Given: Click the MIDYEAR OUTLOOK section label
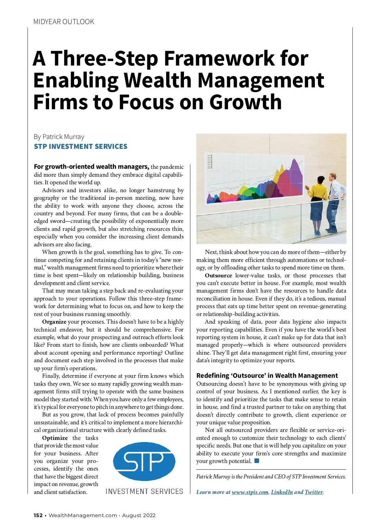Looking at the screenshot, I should (x=64, y=22).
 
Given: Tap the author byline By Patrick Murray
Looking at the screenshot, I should (x=59, y=137).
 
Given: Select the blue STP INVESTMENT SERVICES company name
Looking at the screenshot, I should (x=80, y=147).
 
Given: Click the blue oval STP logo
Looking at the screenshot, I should (x=144, y=461).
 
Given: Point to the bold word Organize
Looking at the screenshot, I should (x=54, y=322).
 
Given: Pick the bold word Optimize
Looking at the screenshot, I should (x=55, y=438).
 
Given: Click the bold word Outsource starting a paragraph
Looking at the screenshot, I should (x=218, y=275).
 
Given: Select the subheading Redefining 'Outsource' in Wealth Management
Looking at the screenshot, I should (x=267, y=376).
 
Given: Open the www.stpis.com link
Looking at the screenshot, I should (x=250, y=492).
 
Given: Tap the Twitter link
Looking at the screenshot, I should (x=313, y=492).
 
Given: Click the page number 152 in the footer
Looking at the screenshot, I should (x=38, y=515).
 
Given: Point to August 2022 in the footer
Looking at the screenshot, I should (x=139, y=515).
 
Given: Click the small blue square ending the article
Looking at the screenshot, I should (x=256, y=461).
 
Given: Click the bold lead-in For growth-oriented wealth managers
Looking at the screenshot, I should (x=91, y=167).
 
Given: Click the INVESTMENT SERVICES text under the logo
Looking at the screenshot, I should (x=144, y=491).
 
